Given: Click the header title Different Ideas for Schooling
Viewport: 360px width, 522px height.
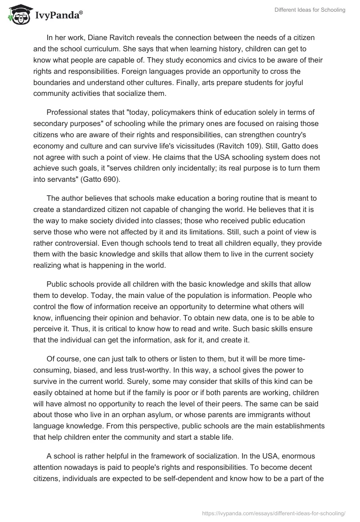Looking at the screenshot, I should [310, 10].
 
